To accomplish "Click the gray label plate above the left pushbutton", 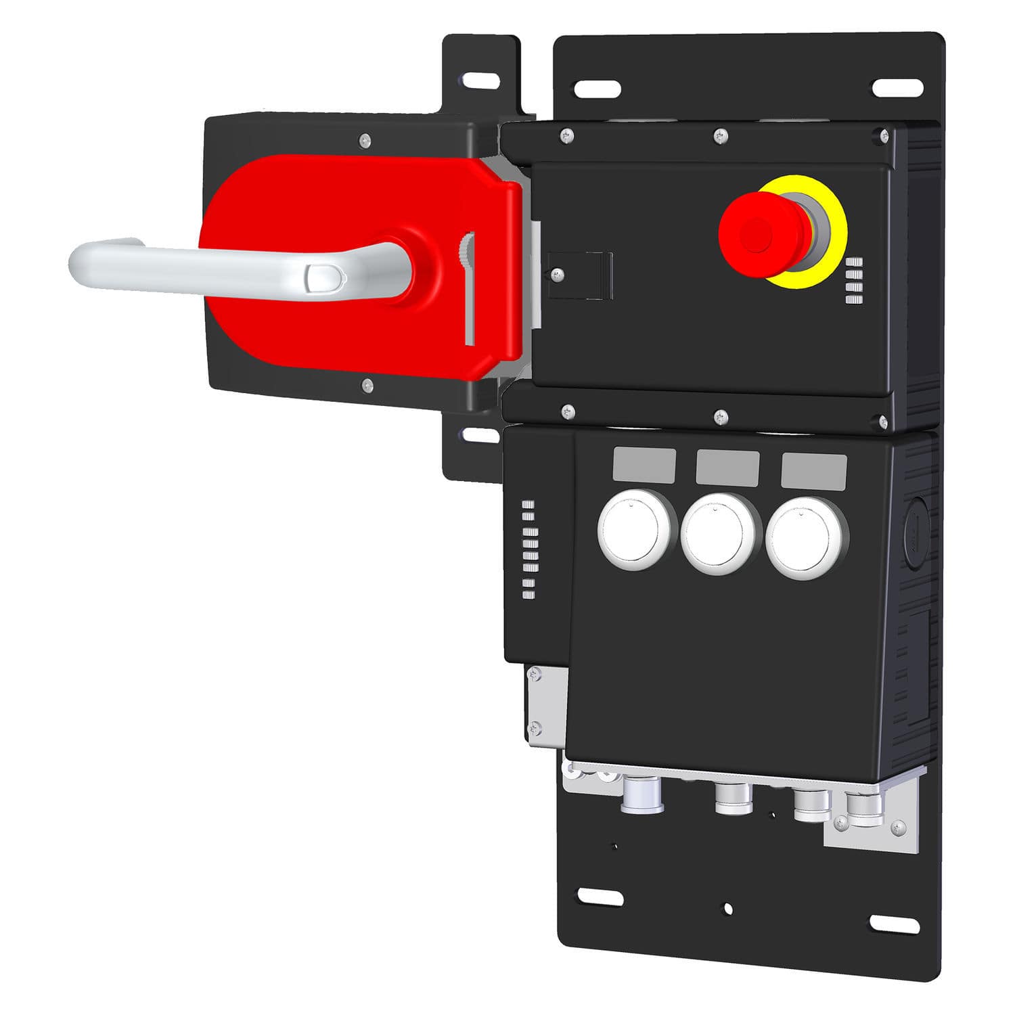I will tap(644, 465).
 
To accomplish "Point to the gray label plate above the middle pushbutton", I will tap(727, 467).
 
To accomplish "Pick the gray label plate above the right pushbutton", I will tap(813, 470).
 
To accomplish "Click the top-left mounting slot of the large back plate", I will tap(597, 88).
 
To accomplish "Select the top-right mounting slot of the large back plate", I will tap(897, 87).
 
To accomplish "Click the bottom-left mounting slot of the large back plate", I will tap(600, 897).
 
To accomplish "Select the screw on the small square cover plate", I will tap(558, 274).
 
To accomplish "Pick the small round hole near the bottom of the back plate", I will tap(727, 908).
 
